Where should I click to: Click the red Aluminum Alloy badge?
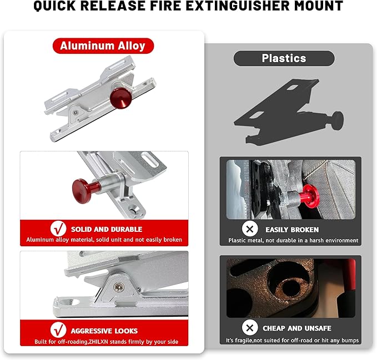tap(103, 45)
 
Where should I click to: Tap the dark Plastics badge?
tap(284, 58)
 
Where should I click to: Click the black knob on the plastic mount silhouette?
tap(336, 119)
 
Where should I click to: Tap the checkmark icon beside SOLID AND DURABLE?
tap(58, 229)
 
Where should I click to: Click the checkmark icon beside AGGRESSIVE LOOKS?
tap(58, 329)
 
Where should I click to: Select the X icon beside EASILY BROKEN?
tap(250, 229)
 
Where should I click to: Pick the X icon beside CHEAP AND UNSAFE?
tap(250, 327)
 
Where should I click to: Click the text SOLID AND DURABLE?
tap(106, 229)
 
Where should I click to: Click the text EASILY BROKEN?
tap(292, 229)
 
